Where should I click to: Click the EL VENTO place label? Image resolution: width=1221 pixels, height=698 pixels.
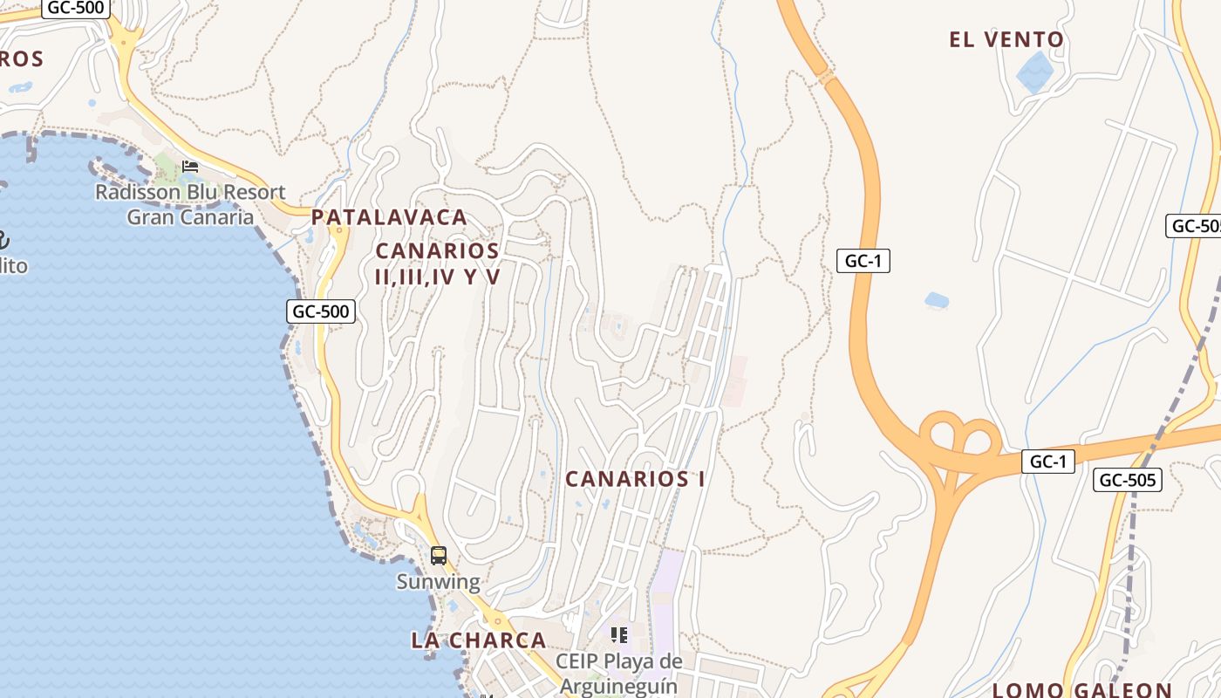tap(1006, 39)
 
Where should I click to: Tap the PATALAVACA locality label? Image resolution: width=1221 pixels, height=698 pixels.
tap(389, 217)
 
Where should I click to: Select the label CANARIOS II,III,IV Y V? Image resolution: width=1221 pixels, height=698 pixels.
tap(437, 263)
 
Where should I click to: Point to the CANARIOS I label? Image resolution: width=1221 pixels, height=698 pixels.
tap(635, 479)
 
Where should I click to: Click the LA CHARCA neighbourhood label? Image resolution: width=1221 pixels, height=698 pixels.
tap(479, 640)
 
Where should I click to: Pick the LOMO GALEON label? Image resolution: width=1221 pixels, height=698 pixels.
tap(1081, 690)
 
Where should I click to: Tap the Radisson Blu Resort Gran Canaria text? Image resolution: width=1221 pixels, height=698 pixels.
tap(190, 204)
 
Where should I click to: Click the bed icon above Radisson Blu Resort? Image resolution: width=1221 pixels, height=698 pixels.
tap(190, 167)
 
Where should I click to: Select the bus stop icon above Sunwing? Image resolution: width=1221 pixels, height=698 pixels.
tap(439, 556)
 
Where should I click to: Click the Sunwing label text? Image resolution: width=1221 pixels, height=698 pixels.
tap(439, 582)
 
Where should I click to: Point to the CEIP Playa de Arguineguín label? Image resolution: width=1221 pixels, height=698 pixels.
tap(618, 673)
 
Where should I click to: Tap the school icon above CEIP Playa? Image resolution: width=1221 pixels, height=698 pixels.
tap(619, 635)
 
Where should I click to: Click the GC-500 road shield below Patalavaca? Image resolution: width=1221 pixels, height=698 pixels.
tap(321, 311)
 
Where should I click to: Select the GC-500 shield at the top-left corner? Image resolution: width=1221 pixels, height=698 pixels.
tap(75, 8)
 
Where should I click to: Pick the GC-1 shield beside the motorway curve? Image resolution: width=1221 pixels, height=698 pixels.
tap(863, 261)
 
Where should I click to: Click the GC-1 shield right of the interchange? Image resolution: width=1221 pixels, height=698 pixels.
tap(1047, 462)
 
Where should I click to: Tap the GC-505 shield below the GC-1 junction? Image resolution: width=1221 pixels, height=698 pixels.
tap(1128, 479)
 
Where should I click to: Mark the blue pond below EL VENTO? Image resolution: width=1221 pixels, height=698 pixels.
tap(1035, 72)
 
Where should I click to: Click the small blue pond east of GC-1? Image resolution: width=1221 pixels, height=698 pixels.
tap(937, 300)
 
